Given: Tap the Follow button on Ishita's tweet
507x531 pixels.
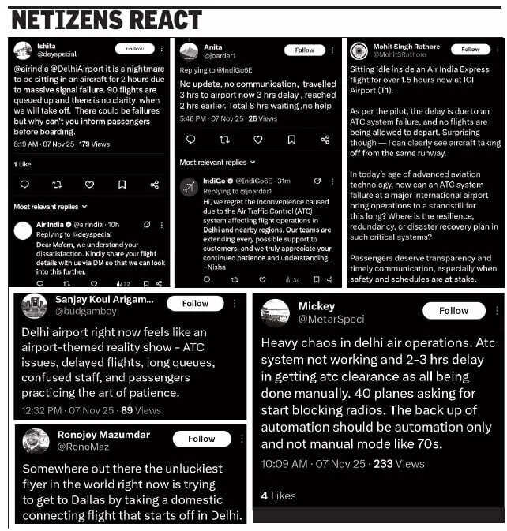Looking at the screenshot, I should tap(135, 49).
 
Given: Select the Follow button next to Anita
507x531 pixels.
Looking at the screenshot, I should tap(305, 50).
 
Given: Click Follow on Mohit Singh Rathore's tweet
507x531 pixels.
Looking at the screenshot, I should tap(471, 49).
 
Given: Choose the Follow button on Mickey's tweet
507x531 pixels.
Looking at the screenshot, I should tap(453, 311).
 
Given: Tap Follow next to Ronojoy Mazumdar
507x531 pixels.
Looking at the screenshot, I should tap(201, 439).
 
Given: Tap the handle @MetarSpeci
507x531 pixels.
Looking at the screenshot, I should tap(331, 320).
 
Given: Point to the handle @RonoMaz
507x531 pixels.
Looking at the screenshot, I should tap(83, 446).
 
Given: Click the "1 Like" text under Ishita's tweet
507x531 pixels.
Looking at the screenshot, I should tap(22, 164).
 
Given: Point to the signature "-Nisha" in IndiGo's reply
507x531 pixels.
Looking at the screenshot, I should tap(194, 266).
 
